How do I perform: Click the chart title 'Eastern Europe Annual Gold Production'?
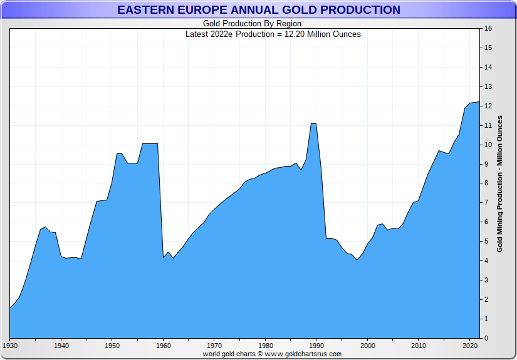tap(258, 10)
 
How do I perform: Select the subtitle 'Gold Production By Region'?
tap(252, 24)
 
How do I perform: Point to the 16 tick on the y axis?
tap(488, 29)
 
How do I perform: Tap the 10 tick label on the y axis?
tap(488, 145)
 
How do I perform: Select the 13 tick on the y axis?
tap(488, 87)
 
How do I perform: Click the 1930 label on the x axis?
tap(10, 346)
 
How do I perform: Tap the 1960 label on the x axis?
tap(164, 346)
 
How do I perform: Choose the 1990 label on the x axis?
tap(317, 346)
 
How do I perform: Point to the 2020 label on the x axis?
tap(470, 346)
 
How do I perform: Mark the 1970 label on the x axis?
tap(214, 346)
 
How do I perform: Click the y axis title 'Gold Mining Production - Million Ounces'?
tap(499, 183)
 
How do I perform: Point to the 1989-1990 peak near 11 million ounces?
tap(313, 124)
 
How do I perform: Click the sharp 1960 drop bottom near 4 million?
tap(164, 257)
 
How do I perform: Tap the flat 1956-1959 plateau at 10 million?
tap(150, 144)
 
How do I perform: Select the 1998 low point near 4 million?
tap(357, 260)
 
